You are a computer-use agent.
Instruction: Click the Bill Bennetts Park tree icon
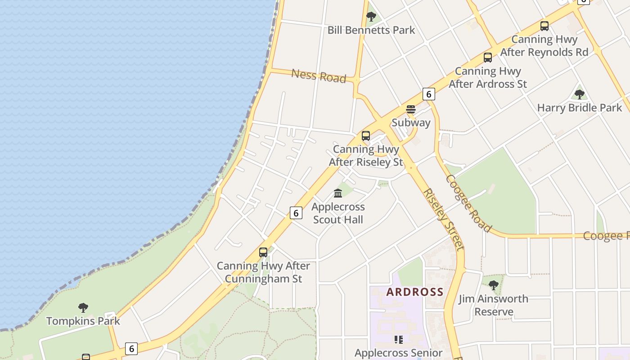(x=371, y=17)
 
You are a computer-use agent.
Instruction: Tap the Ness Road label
(x=319, y=76)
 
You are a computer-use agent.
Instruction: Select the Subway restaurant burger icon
(x=410, y=109)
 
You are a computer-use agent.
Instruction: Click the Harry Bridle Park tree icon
(x=580, y=94)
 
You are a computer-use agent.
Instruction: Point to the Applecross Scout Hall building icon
(x=338, y=193)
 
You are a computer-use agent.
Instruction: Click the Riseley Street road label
(x=443, y=219)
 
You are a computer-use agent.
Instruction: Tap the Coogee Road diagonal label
(x=468, y=203)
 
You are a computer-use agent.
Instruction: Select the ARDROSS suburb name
(x=415, y=292)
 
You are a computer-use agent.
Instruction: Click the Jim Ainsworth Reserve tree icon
(x=493, y=285)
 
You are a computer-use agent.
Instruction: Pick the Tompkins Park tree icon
(x=83, y=308)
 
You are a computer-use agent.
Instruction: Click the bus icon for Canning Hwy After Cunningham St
(x=263, y=252)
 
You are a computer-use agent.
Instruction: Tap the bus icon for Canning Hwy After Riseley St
(x=366, y=136)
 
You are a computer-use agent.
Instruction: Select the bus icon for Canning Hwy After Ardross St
(x=487, y=58)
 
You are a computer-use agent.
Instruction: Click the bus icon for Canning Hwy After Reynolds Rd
(x=544, y=26)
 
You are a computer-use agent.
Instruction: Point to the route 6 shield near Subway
(x=428, y=94)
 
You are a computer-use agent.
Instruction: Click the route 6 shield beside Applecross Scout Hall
(x=296, y=213)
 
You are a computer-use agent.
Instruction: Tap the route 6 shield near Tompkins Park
(x=131, y=348)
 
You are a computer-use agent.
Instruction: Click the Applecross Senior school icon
(x=398, y=339)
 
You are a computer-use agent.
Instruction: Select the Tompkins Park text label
(x=83, y=321)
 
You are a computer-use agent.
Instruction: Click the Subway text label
(x=411, y=122)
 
